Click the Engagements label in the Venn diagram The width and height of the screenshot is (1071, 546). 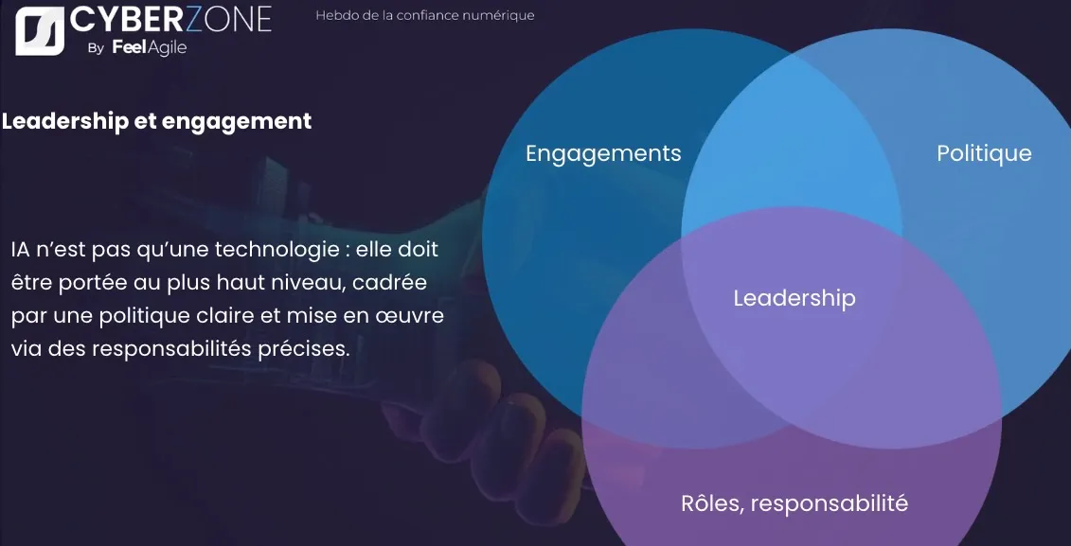coord(603,153)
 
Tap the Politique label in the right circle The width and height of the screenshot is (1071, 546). coord(984,153)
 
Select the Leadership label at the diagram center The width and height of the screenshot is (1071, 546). coord(794,298)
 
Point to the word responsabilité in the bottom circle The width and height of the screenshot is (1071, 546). coord(831,503)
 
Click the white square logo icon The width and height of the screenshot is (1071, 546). coord(40,30)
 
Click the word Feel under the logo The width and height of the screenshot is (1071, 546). coord(128,47)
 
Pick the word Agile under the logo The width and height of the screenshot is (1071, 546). coord(166,48)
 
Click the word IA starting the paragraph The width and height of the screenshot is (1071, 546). coord(20,250)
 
